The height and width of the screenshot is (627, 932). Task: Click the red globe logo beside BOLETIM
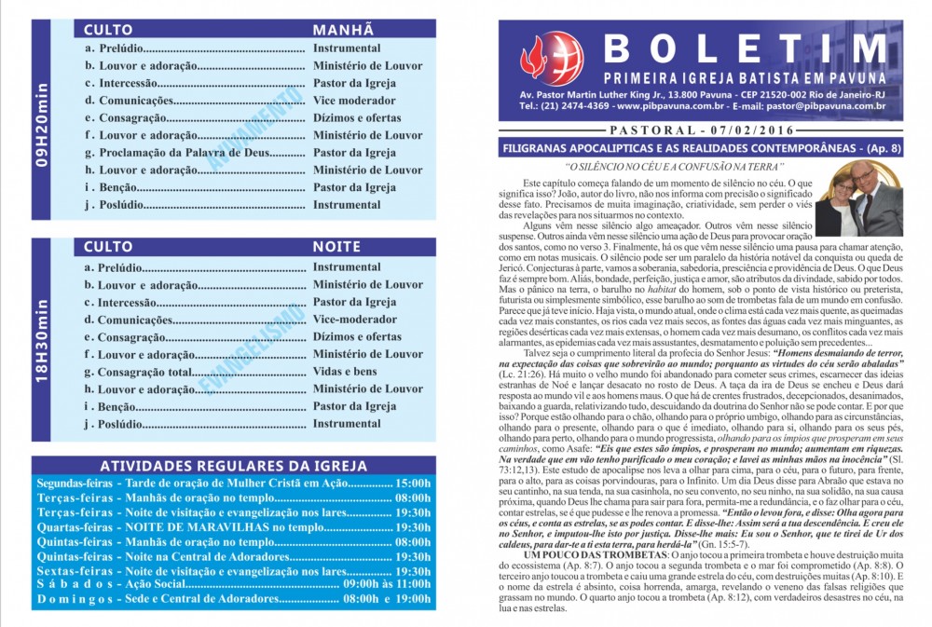coord(552,59)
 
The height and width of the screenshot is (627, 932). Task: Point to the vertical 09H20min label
coord(42,124)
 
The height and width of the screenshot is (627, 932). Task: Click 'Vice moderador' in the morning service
coord(354,101)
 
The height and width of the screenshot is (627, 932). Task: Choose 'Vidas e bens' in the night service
coord(345,372)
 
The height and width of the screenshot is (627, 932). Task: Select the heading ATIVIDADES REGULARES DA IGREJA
coord(233,466)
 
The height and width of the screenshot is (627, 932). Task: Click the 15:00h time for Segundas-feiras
coord(413,484)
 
